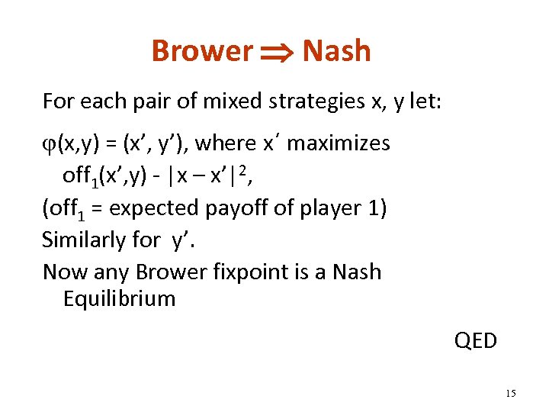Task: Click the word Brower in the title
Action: [x=202, y=51]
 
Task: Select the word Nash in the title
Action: [x=336, y=51]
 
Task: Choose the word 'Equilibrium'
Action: [x=119, y=298]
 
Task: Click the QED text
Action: [x=475, y=340]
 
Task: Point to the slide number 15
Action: [x=510, y=393]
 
